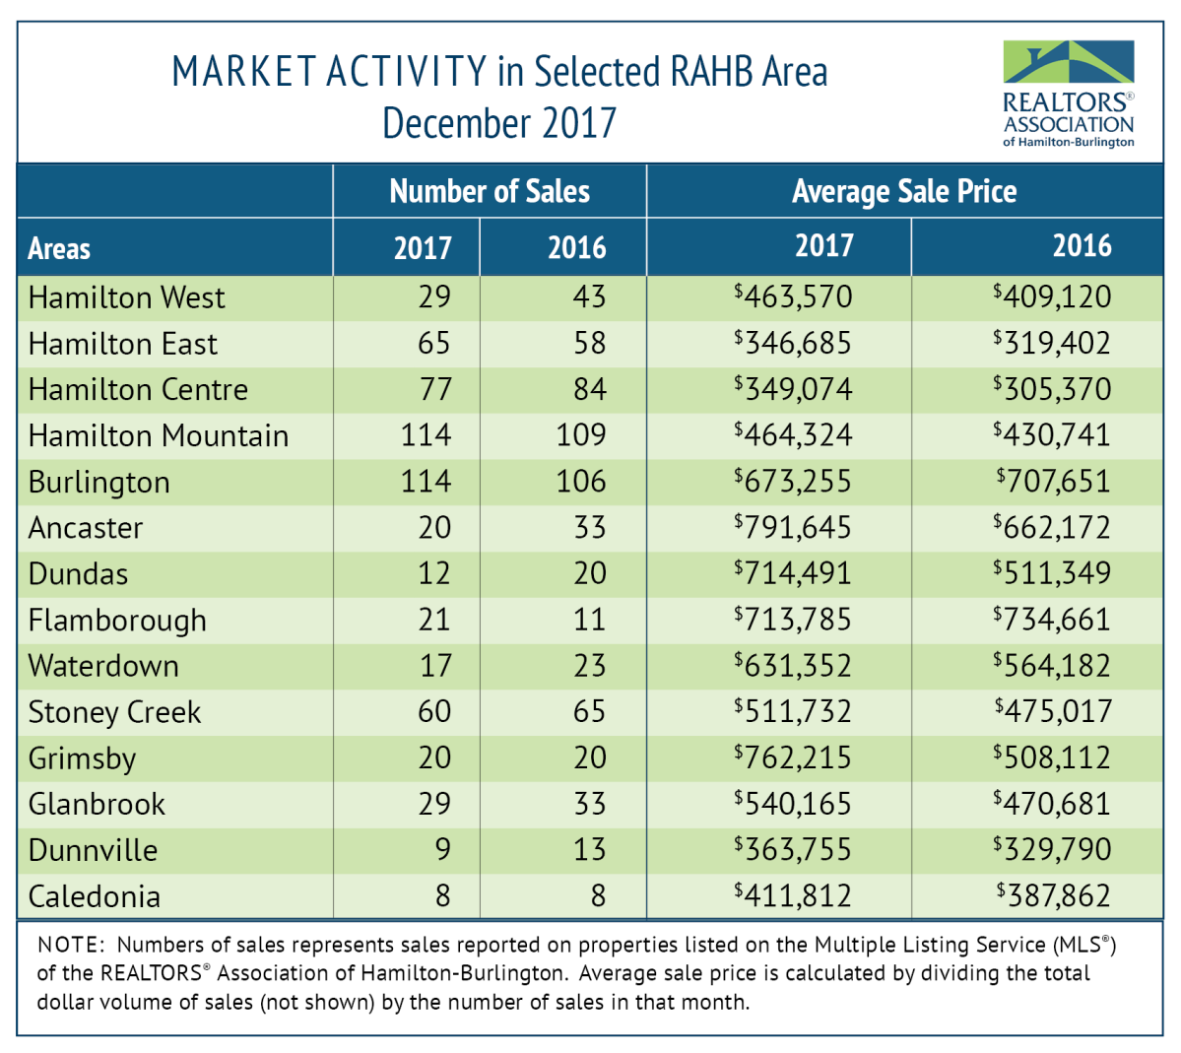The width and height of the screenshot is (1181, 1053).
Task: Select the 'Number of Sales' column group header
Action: (490, 191)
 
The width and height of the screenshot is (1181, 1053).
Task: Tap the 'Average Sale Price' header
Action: (903, 191)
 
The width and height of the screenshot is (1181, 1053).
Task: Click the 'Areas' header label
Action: (59, 248)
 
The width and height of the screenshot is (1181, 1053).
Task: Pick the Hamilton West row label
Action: (126, 297)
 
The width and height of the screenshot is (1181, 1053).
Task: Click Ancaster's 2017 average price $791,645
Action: (793, 528)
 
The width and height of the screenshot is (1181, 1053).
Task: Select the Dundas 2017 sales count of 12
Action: (433, 574)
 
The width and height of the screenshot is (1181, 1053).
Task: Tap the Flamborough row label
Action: (117, 621)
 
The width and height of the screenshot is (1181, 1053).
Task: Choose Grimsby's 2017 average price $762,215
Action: (793, 758)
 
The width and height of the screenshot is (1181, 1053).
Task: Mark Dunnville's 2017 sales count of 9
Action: (442, 850)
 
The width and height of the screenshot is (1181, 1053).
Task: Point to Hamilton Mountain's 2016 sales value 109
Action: (581, 435)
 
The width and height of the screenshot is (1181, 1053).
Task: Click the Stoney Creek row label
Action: (114, 712)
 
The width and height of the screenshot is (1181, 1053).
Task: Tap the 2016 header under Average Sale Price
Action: (1082, 246)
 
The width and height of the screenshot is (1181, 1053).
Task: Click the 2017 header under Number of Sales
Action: (423, 248)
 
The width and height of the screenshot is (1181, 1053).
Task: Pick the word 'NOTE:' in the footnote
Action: (70, 945)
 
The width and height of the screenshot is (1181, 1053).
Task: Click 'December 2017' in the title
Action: (499, 124)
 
